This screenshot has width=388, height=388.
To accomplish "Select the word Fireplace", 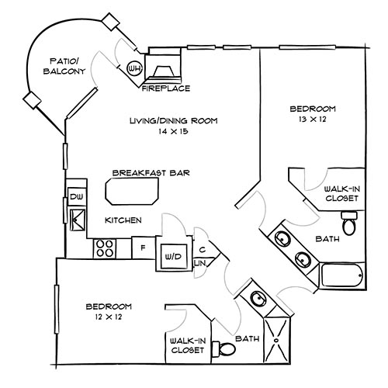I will point(166,88).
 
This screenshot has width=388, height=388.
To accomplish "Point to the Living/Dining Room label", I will point(174,121).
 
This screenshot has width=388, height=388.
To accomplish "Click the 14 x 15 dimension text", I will point(174,133).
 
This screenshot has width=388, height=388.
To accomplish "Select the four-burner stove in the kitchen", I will point(105,248).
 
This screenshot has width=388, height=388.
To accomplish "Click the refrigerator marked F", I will point(142,249).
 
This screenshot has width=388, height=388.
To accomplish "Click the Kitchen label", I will point(123,220).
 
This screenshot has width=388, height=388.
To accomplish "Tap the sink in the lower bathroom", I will point(256,298).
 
